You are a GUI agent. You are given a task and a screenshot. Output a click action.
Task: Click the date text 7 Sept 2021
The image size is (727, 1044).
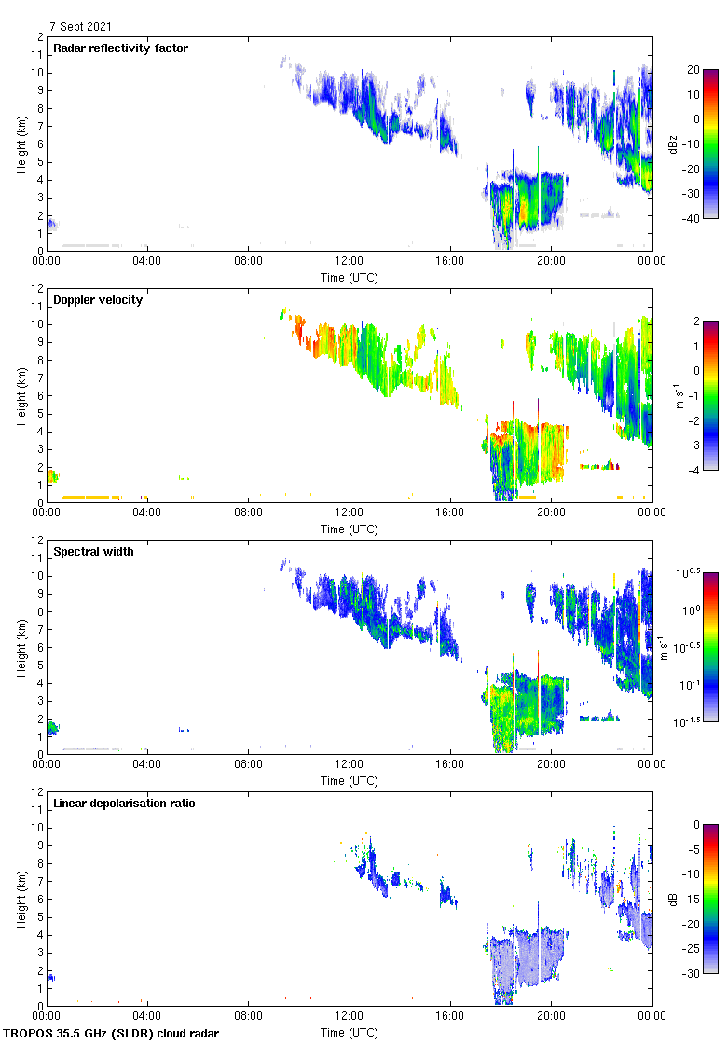point(81,27)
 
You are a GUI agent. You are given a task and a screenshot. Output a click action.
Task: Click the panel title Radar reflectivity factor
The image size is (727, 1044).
point(121,48)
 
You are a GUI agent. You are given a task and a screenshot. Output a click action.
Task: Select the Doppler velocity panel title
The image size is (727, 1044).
point(98,300)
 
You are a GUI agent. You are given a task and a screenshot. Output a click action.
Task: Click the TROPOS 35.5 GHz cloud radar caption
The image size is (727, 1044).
point(112,1034)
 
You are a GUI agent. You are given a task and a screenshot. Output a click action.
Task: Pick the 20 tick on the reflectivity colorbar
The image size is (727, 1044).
point(693,70)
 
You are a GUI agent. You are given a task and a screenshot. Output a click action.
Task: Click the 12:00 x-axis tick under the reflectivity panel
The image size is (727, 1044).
point(350,262)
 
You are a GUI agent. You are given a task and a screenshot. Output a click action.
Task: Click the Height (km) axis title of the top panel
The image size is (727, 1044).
point(21,144)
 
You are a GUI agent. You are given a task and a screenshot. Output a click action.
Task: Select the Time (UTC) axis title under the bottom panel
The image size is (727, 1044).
point(350,1032)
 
